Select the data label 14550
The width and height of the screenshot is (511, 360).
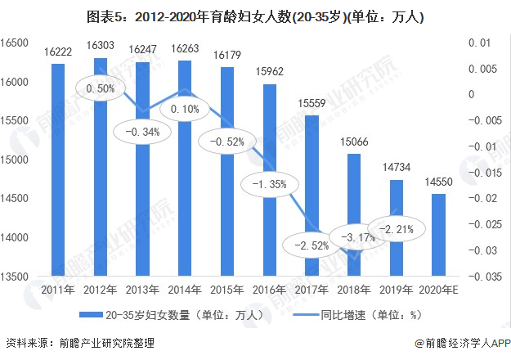[x=439, y=183]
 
